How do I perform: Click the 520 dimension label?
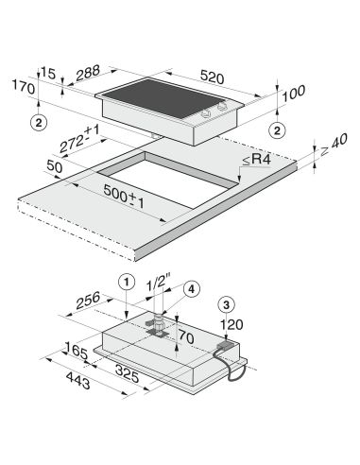(x=212, y=77)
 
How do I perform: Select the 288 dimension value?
(x=88, y=73)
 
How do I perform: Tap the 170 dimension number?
(x=24, y=87)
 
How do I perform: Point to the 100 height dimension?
(x=294, y=94)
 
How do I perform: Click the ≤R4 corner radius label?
(x=257, y=160)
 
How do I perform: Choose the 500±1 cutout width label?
(x=124, y=196)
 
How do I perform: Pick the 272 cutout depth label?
(x=79, y=139)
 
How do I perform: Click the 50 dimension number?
(x=55, y=166)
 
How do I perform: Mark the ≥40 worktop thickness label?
(x=334, y=145)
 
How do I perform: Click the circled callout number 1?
(x=127, y=282)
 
